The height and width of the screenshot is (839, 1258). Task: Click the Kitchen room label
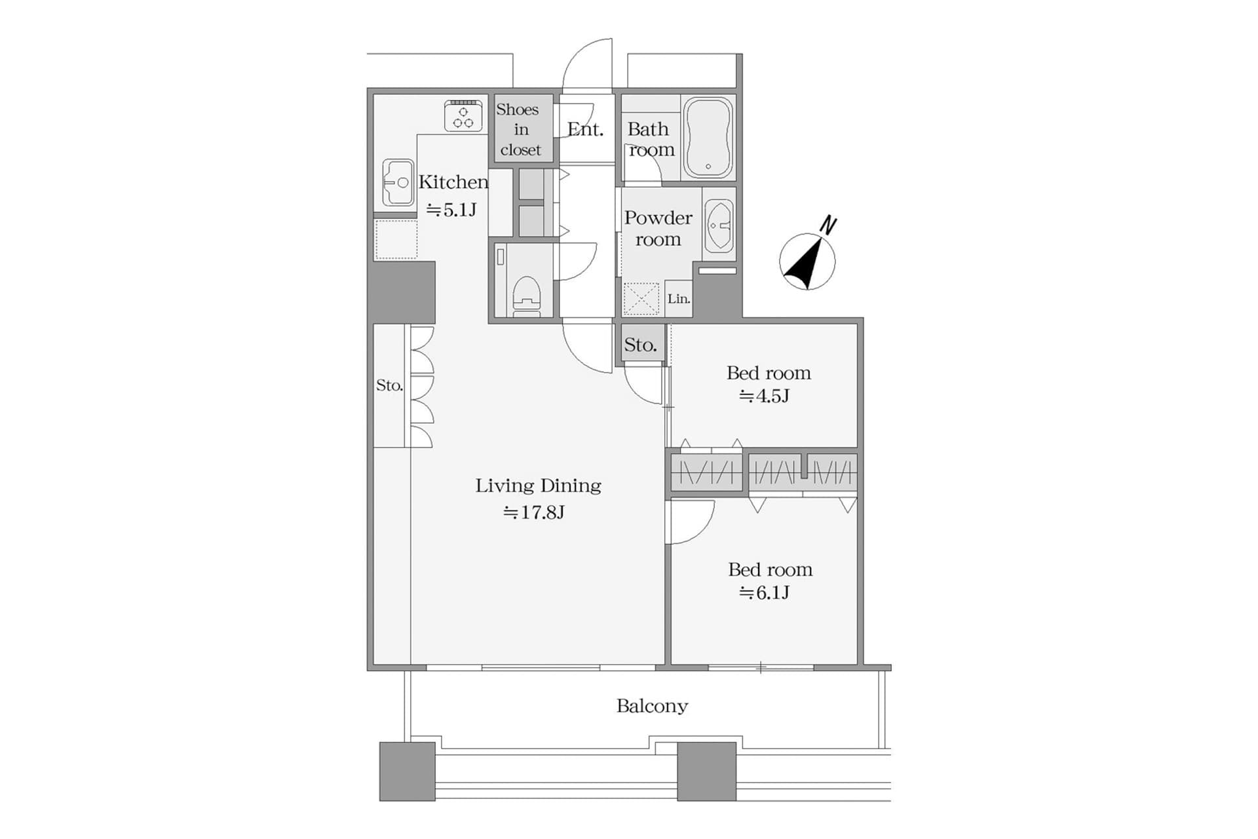coord(453,182)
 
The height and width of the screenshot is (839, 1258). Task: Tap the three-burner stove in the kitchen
coord(463,116)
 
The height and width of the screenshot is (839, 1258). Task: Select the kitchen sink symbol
coord(397,182)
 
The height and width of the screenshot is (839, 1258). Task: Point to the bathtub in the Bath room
coord(708,138)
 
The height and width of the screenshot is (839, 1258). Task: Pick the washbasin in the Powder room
coord(719,225)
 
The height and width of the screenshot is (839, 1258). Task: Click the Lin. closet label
coord(678,299)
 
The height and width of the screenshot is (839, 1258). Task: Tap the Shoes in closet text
coord(519,130)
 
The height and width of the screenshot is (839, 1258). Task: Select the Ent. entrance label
coord(585,130)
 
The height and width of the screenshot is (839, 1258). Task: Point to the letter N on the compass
coord(828,225)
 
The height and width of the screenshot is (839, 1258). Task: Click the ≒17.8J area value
coord(533,513)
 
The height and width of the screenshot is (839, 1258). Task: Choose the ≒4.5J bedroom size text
coord(764,396)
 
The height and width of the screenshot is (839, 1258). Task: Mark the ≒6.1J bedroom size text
coord(764,593)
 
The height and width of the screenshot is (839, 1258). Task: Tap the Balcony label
coord(652,706)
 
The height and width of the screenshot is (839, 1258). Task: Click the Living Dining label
coord(538,486)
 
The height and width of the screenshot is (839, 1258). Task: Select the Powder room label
coord(658,228)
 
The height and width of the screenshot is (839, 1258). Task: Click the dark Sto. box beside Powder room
coord(641,345)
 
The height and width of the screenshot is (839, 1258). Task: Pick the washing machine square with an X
coord(641,300)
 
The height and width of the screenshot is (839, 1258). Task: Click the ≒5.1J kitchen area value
coord(451,210)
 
